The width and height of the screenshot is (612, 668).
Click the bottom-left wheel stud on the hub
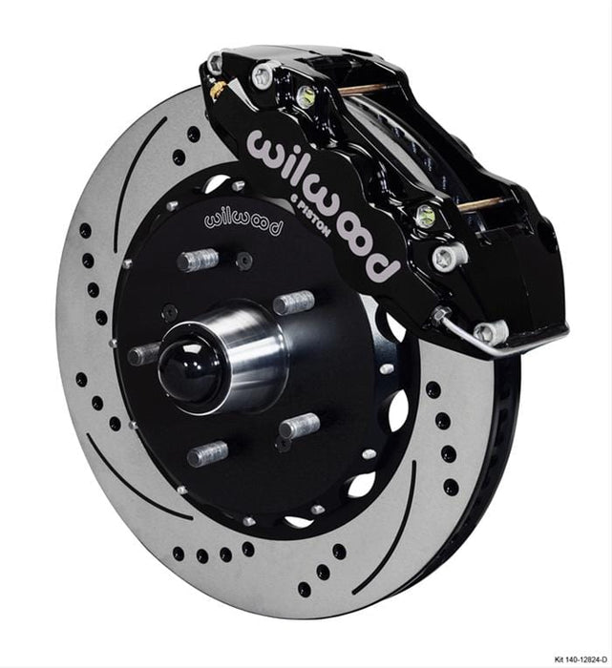205,452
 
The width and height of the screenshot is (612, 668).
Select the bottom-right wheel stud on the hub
300,426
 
